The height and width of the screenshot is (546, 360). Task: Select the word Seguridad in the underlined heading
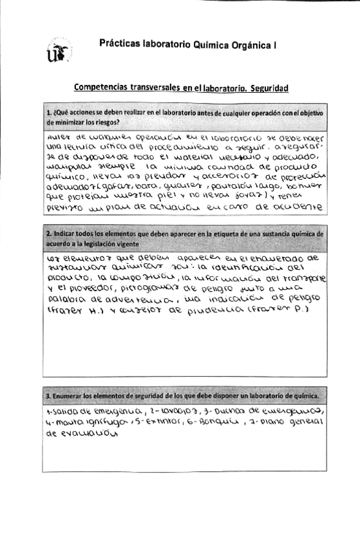click(265, 87)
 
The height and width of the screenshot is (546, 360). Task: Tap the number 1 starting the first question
click(48, 113)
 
